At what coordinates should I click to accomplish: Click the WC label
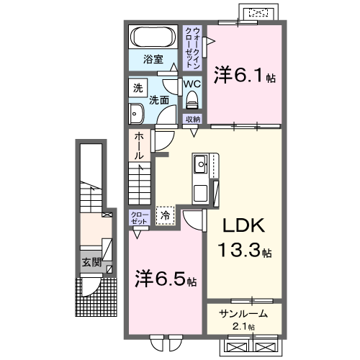tap(192, 84)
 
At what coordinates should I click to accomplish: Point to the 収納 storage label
tap(192, 118)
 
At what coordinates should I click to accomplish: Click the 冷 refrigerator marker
tap(166, 214)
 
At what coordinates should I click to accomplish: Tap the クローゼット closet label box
tap(139, 217)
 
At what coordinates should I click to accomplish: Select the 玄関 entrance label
tap(91, 261)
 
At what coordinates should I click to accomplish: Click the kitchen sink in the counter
tap(199, 170)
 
